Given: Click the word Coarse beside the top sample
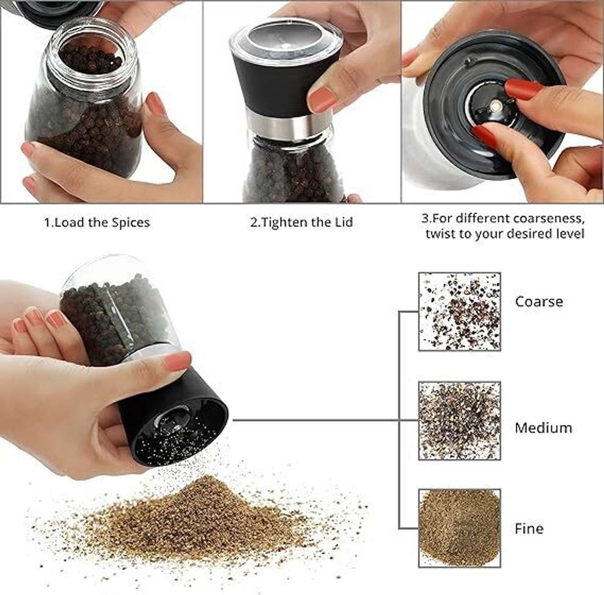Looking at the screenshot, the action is click(x=539, y=301).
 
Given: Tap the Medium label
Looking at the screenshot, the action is click(x=543, y=428).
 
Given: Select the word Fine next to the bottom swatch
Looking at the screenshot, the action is click(x=529, y=528).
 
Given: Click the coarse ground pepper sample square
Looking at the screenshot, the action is click(x=460, y=312).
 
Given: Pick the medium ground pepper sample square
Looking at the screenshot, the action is click(x=460, y=421).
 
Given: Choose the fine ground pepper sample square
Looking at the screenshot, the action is click(x=460, y=528).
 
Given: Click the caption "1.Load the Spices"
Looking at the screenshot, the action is click(x=97, y=222).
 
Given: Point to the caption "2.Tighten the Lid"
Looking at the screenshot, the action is click(x=301, y=222).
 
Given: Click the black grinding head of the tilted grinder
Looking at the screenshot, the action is click(x=174, y=416).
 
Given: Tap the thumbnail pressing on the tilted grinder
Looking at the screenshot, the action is click(x=177, y=361).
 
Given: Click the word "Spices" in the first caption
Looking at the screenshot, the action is click(x=131, y=223).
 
